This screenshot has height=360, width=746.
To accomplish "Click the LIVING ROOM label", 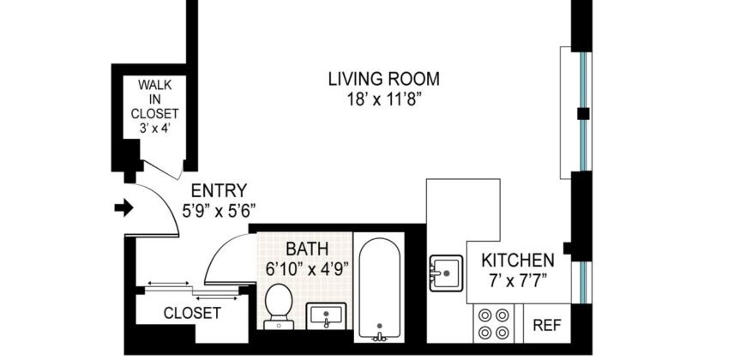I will pos(384,80).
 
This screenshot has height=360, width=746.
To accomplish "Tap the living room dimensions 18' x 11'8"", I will pos(384,99).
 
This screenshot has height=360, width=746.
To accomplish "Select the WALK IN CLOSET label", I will pos(154,99).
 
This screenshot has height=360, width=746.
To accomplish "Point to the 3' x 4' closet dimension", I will pos(154,128).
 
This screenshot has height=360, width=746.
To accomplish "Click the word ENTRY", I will pos(219,190).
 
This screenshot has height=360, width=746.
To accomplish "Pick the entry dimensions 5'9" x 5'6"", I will pos(219,209).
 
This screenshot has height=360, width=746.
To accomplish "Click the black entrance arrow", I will pos(125,207).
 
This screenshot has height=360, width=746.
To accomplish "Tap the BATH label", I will pos(307,249).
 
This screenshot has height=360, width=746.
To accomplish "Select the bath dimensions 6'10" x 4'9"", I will pos(307,268).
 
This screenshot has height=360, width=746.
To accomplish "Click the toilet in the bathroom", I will pos(278,305).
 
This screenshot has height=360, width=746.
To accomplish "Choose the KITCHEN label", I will pos(517,260).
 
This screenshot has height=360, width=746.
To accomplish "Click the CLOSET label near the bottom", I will pos(191,313).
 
